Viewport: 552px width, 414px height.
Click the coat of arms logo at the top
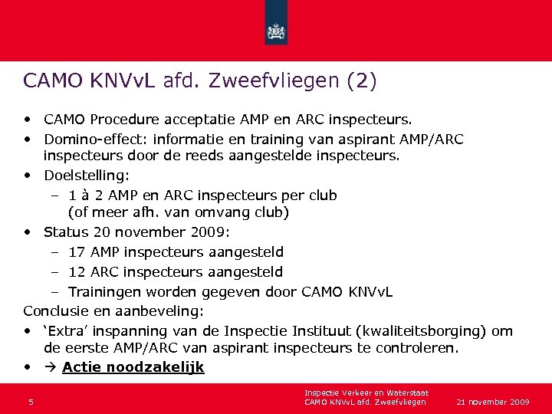tap(275, 31)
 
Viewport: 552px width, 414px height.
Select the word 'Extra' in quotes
tap(67, 330)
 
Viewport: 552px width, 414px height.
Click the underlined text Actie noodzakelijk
tap(133, 367)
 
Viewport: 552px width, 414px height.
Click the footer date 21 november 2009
tap(493, 402)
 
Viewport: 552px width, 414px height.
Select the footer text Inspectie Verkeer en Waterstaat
tap(366, 393)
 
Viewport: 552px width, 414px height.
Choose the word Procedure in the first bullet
tap(127, 120)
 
